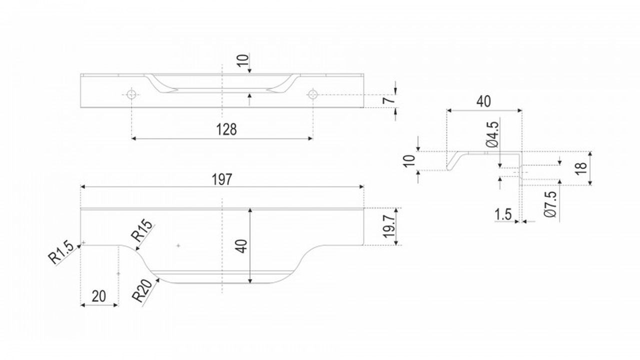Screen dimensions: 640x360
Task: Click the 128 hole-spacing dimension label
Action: [226, 129]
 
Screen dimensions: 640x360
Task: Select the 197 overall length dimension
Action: [222, 179]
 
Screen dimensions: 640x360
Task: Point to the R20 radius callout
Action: [142, 290]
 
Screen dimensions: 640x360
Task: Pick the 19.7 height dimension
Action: [389, 226]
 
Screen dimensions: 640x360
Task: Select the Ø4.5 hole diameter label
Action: [493, 134]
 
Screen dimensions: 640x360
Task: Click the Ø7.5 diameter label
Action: [550, 204]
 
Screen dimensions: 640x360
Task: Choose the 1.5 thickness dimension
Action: [503, 214]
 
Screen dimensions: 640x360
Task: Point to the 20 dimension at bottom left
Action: [99, 296]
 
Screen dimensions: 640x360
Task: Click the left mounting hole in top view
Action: [131, 94]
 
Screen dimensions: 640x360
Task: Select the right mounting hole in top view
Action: [313, 94]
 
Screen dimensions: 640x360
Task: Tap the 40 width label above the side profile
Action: [483, 101]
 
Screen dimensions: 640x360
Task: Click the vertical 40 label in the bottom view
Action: [241, 246]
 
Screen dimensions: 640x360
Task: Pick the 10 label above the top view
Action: [243, 60]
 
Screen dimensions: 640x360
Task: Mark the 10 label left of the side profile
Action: [409, 161]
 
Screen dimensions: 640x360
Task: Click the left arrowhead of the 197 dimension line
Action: [83, 187]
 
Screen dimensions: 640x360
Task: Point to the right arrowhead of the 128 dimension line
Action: [310, 138]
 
